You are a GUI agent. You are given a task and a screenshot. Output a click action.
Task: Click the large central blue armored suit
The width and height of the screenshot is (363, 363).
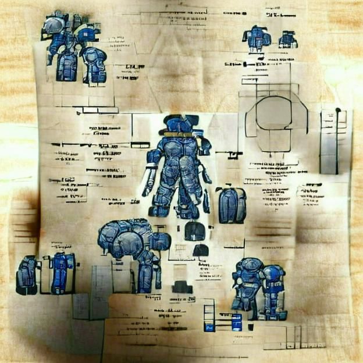pyautogui.click(x=177, y=169)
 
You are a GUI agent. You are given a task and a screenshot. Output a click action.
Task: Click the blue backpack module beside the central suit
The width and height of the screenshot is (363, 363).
pyautogui.click(x=232, y=205)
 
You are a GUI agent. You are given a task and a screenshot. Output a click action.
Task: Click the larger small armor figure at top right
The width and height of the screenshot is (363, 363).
pyautogui.click(x=257, y=39)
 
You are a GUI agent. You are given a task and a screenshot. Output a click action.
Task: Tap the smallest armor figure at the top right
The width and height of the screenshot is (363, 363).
pyautogui.click(x=287, y=40)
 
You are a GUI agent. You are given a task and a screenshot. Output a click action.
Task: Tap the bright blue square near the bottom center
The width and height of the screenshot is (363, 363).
pyautogui.click(x=237, y=321)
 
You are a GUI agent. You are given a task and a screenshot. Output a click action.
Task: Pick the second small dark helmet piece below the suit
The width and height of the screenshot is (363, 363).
pyautogui.click(x=201, y=251)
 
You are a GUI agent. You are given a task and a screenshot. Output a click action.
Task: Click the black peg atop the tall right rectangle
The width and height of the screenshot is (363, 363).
pyautogui.click(x=338, y=110)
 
